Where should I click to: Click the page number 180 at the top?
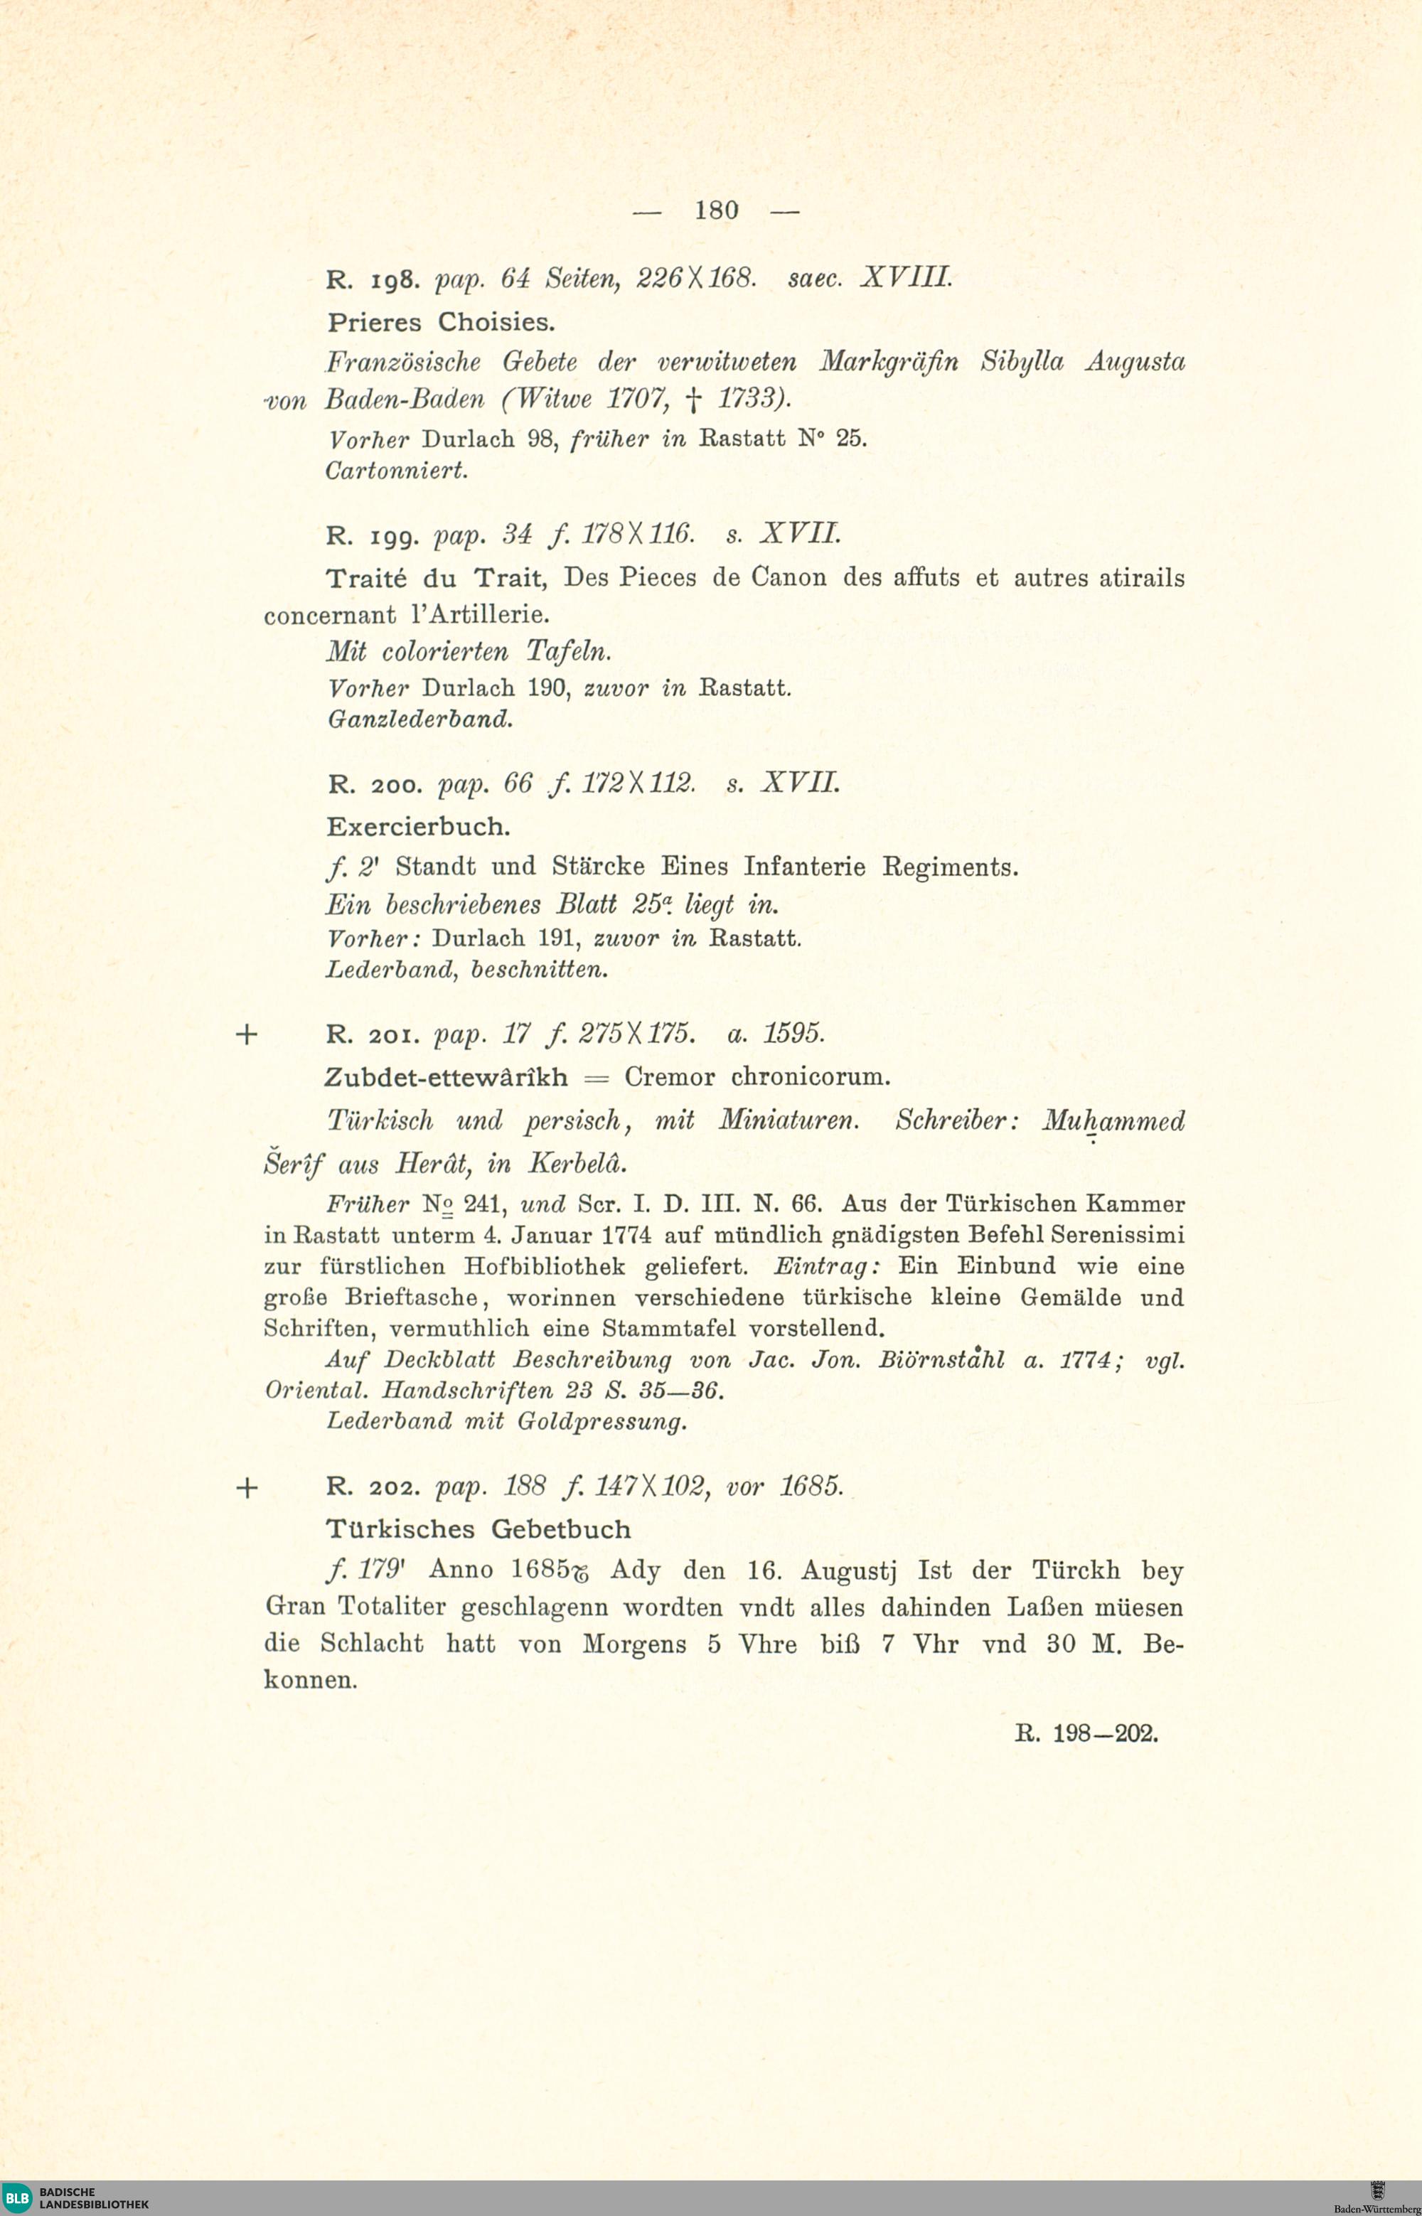point(717,210)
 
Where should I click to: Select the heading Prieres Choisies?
point(442,323)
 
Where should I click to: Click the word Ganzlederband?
point(420,718)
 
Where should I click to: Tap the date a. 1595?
point(776,1035)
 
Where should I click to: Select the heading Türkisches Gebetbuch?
point(479,1529)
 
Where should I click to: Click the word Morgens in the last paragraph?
point(634,1644)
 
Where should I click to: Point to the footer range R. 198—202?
point(1086,1733)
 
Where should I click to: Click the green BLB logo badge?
point(16,2198)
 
